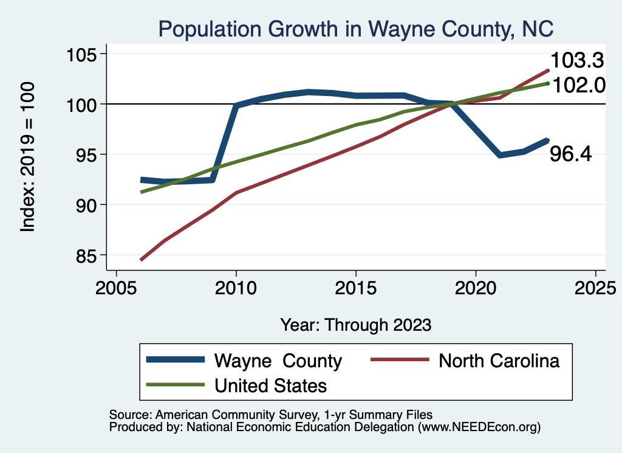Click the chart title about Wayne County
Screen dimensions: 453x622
point(355,29)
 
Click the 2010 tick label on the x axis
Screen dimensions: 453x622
point(236,288)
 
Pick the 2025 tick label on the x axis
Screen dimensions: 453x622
point(595,288)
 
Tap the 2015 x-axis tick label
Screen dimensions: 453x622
point(355,288)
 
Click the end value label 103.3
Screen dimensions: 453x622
point(577,61)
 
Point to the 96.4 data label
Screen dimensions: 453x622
point(571,154)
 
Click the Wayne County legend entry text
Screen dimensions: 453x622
point(278,361)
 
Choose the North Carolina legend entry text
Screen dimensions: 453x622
point(499,361)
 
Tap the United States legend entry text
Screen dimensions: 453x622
point(270,386)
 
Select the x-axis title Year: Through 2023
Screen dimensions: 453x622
point(355,325)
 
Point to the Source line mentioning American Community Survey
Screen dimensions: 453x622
point(270,414)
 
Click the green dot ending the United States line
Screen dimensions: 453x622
point(547,83)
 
